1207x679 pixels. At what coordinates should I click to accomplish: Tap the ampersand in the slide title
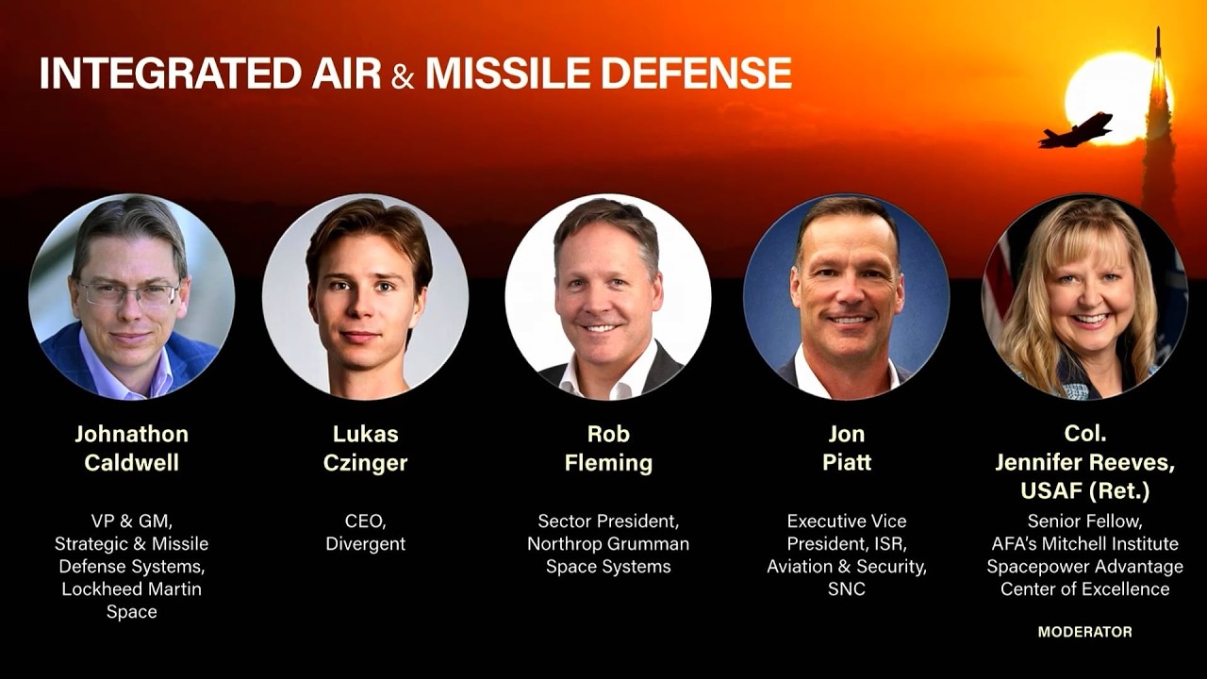[403, 75]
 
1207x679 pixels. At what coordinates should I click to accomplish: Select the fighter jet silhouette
[1076, 130]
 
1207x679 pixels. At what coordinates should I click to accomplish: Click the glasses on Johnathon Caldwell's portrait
[129, 293]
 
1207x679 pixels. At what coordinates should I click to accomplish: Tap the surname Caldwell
[131, 463]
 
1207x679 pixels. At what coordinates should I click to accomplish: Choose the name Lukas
[365, 434]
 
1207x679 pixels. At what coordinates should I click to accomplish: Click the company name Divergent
[365, 544]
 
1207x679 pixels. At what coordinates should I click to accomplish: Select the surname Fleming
[608, 463]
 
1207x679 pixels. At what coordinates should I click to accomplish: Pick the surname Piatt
[846, 463]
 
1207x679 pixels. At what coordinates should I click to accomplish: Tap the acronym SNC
[846, 589]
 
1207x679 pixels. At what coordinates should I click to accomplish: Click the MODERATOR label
[1084, 632]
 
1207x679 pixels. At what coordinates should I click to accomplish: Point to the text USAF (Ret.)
[1084, 491]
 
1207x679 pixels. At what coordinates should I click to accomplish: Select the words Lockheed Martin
[131, 589]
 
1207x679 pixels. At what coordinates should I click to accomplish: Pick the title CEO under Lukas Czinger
[363, 521]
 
